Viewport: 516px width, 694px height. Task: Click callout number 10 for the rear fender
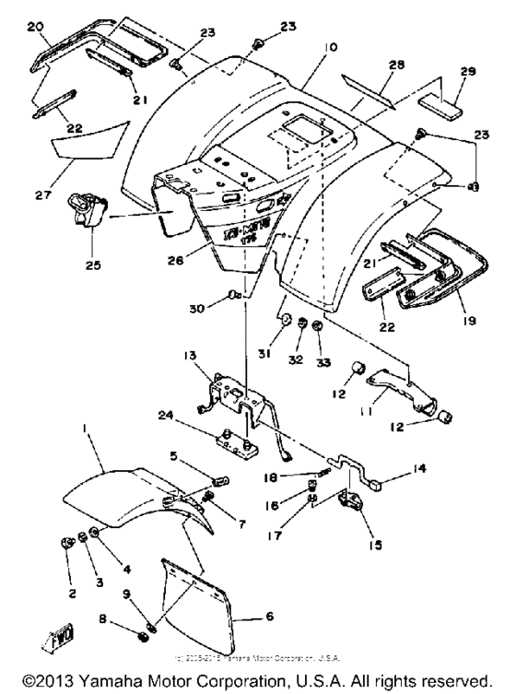click(x=330, y=46)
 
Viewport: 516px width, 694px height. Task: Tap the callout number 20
click(x=35, y=28)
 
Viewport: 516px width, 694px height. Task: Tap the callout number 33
click(x=318, y=353)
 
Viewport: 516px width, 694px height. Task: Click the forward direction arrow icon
click(x=40, y=640)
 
